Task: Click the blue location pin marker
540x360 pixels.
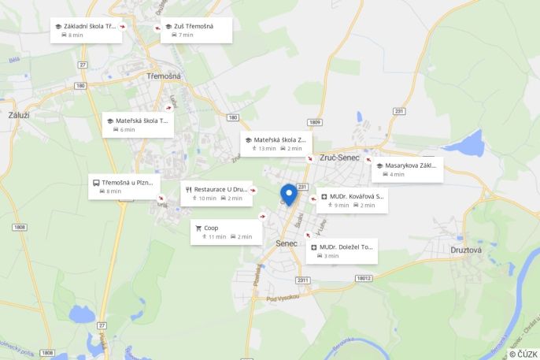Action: click(289, 194)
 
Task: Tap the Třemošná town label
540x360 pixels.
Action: click(164, 76)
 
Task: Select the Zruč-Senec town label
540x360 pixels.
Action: click(339, 158)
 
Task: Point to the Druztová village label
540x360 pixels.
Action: click(466, 250)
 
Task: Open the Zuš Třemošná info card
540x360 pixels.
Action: click(196, 30)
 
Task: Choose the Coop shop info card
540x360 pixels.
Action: click(226, 232)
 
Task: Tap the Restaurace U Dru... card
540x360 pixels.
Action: click(216, 193)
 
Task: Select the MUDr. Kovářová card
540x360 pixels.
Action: click(352, 200)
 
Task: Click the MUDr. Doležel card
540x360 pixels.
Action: click(342, 251)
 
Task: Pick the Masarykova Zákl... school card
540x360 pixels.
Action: click(407, 169)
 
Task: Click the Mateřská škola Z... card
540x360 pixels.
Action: click(276, 143)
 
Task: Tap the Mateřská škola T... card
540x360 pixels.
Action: click(138, 124)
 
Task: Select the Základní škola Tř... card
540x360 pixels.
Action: click(86, 30)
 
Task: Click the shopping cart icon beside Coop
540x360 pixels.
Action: click(198, 228)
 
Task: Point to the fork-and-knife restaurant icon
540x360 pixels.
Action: click(189, 189)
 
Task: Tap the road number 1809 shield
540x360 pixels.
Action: click(316, 122)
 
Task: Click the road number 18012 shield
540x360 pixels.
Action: click(363, 278)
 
